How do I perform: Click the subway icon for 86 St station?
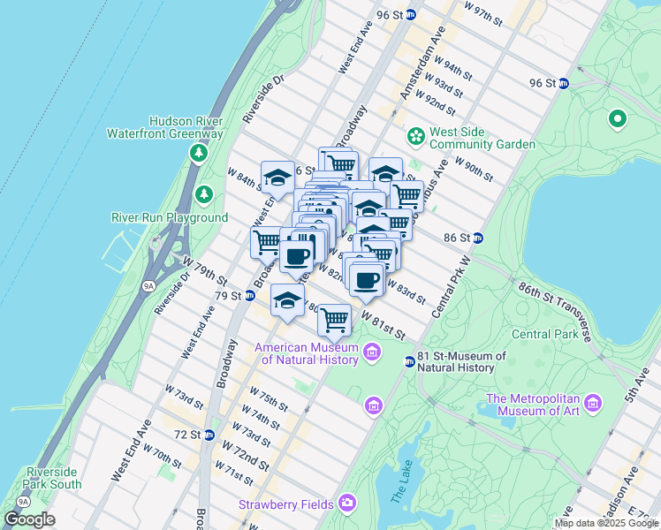pyautogui.click(x=478, y=238)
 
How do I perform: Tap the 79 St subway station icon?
pyautogui.click(x=249, y=295)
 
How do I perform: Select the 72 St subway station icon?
pyautogui.click(x=209, y=435)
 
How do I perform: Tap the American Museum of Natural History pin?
pyautogui.click(x=372, y=354)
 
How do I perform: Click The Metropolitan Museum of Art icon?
pyautogui.click(x=593, y=404)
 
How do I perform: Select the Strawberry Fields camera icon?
pyautogui.click(x=347, y=503)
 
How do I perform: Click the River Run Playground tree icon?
pyautogui.click(x=204, y=193)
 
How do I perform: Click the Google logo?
pyautogui.click(x=30, y=519)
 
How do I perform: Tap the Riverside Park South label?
pyautogui.click(x=54, y=477)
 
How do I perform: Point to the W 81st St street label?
pyautogui.click(x=382, y=326)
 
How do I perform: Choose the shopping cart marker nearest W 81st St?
pyautogui.click(x=334, y=320)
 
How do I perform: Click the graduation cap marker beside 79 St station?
pyautogui.click(x=287, y=301)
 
